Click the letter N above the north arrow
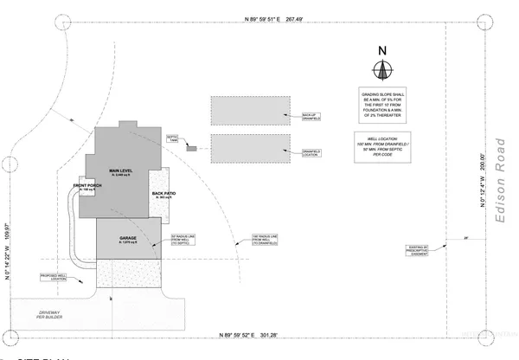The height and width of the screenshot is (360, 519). (x=381, y=50)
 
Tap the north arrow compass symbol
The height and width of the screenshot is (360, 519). (x=381, y=70)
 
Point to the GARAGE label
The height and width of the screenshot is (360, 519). (x=129, y=236)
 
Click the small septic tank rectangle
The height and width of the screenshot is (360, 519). (x=189, y=149)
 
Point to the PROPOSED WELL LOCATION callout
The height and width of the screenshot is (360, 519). (x=54, y=277)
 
